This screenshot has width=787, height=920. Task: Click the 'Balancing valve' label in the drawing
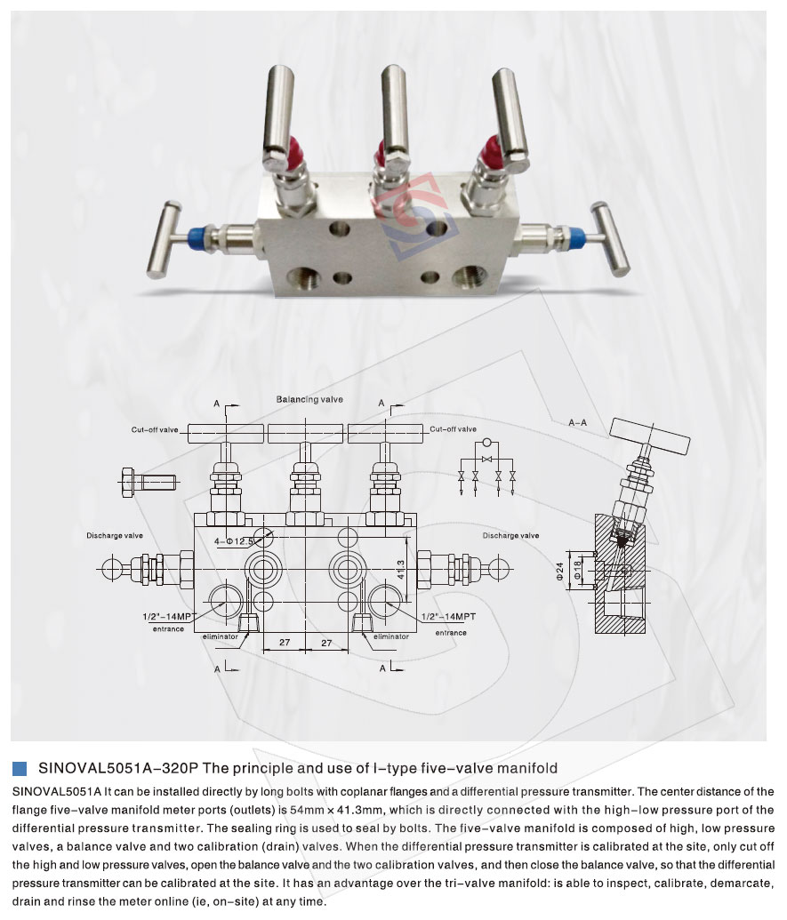(309, 400)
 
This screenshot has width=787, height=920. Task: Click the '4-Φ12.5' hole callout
(234, 540)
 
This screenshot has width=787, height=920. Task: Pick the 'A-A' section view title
(580, 424)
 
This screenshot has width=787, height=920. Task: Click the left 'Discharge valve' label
(115, 536)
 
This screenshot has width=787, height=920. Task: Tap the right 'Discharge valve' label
(510, 536)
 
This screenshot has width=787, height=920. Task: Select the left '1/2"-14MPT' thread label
(167, 616)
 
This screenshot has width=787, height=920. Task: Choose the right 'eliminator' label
(391, 636)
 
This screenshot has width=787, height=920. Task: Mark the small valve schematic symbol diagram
(486, 463)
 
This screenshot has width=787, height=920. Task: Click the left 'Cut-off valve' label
(156, 430)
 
